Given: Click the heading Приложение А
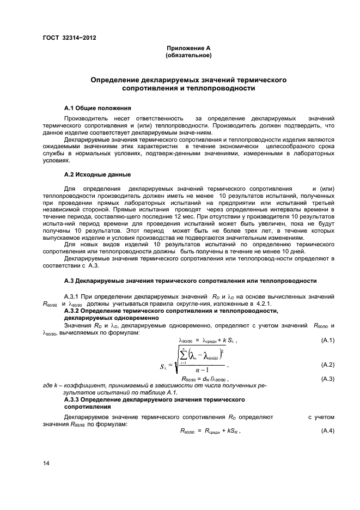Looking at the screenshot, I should [x=188, y=48].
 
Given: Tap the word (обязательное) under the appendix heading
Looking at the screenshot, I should [x=188, y=56].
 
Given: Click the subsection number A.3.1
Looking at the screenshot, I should [x=73, y=296].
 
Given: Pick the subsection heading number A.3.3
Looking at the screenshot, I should [x=73, y=400].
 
